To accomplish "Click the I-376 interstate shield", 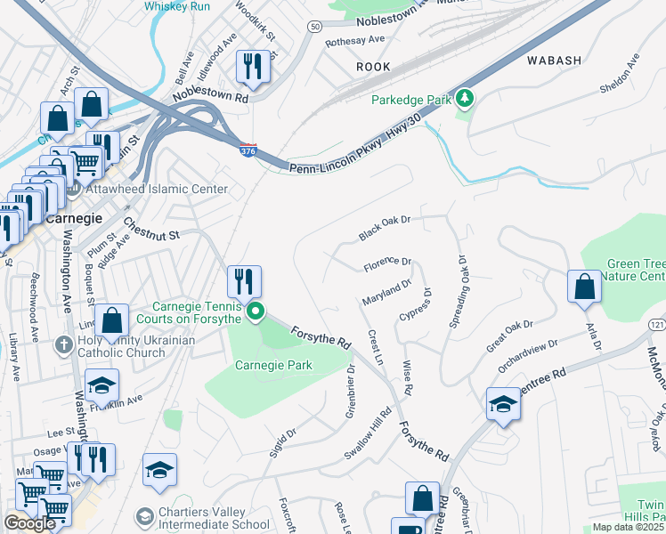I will click(x=248, y=151).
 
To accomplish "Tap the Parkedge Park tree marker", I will click(x=464, y=98).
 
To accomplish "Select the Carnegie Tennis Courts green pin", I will click(x=256, y=311).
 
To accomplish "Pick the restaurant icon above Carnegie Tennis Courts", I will click(x=242, y=280).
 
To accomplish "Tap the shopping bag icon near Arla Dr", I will click(x=584, y=286).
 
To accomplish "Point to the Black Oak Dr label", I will click(x=385, y=228).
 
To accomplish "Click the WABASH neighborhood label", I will click(x=553, y=61).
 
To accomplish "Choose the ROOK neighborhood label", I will click(x=373, y=67).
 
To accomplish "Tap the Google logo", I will click(x=29, y=523).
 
